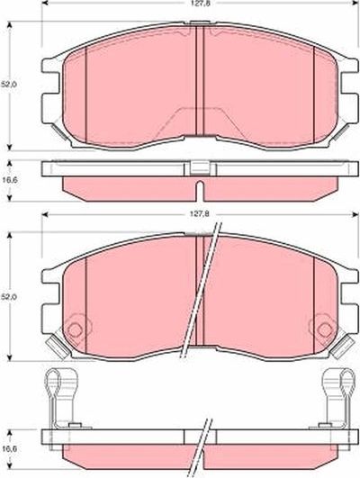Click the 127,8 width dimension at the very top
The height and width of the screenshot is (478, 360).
195,4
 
